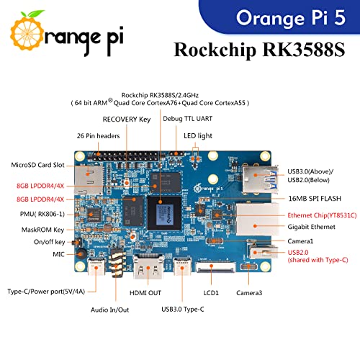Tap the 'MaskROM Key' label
click(x=40, y=230)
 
